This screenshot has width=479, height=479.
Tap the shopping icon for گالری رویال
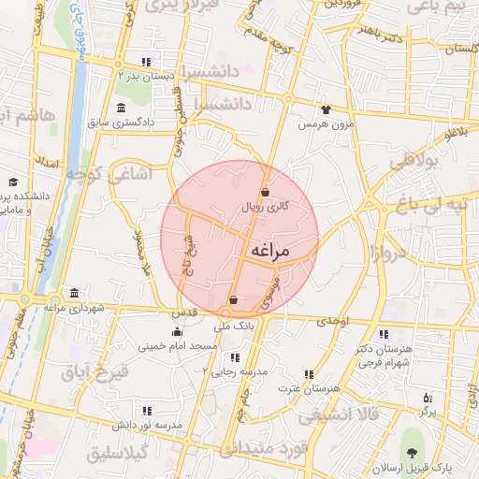pyautogui.click(x=266, y=192)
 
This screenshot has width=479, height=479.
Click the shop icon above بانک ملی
pyautogui.click(x=233, y=300)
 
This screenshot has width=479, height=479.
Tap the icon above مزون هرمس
pyautogui.click(x=325, y=109)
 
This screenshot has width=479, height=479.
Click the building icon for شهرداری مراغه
pyautogui.click(x=74, y=293)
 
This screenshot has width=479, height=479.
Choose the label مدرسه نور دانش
pyautogui.click(x=148, y=424)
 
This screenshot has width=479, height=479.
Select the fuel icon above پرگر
pyautogui.click(x=428, y=398)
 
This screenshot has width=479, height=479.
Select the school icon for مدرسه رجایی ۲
pyautogui.click(x=234, y=357)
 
